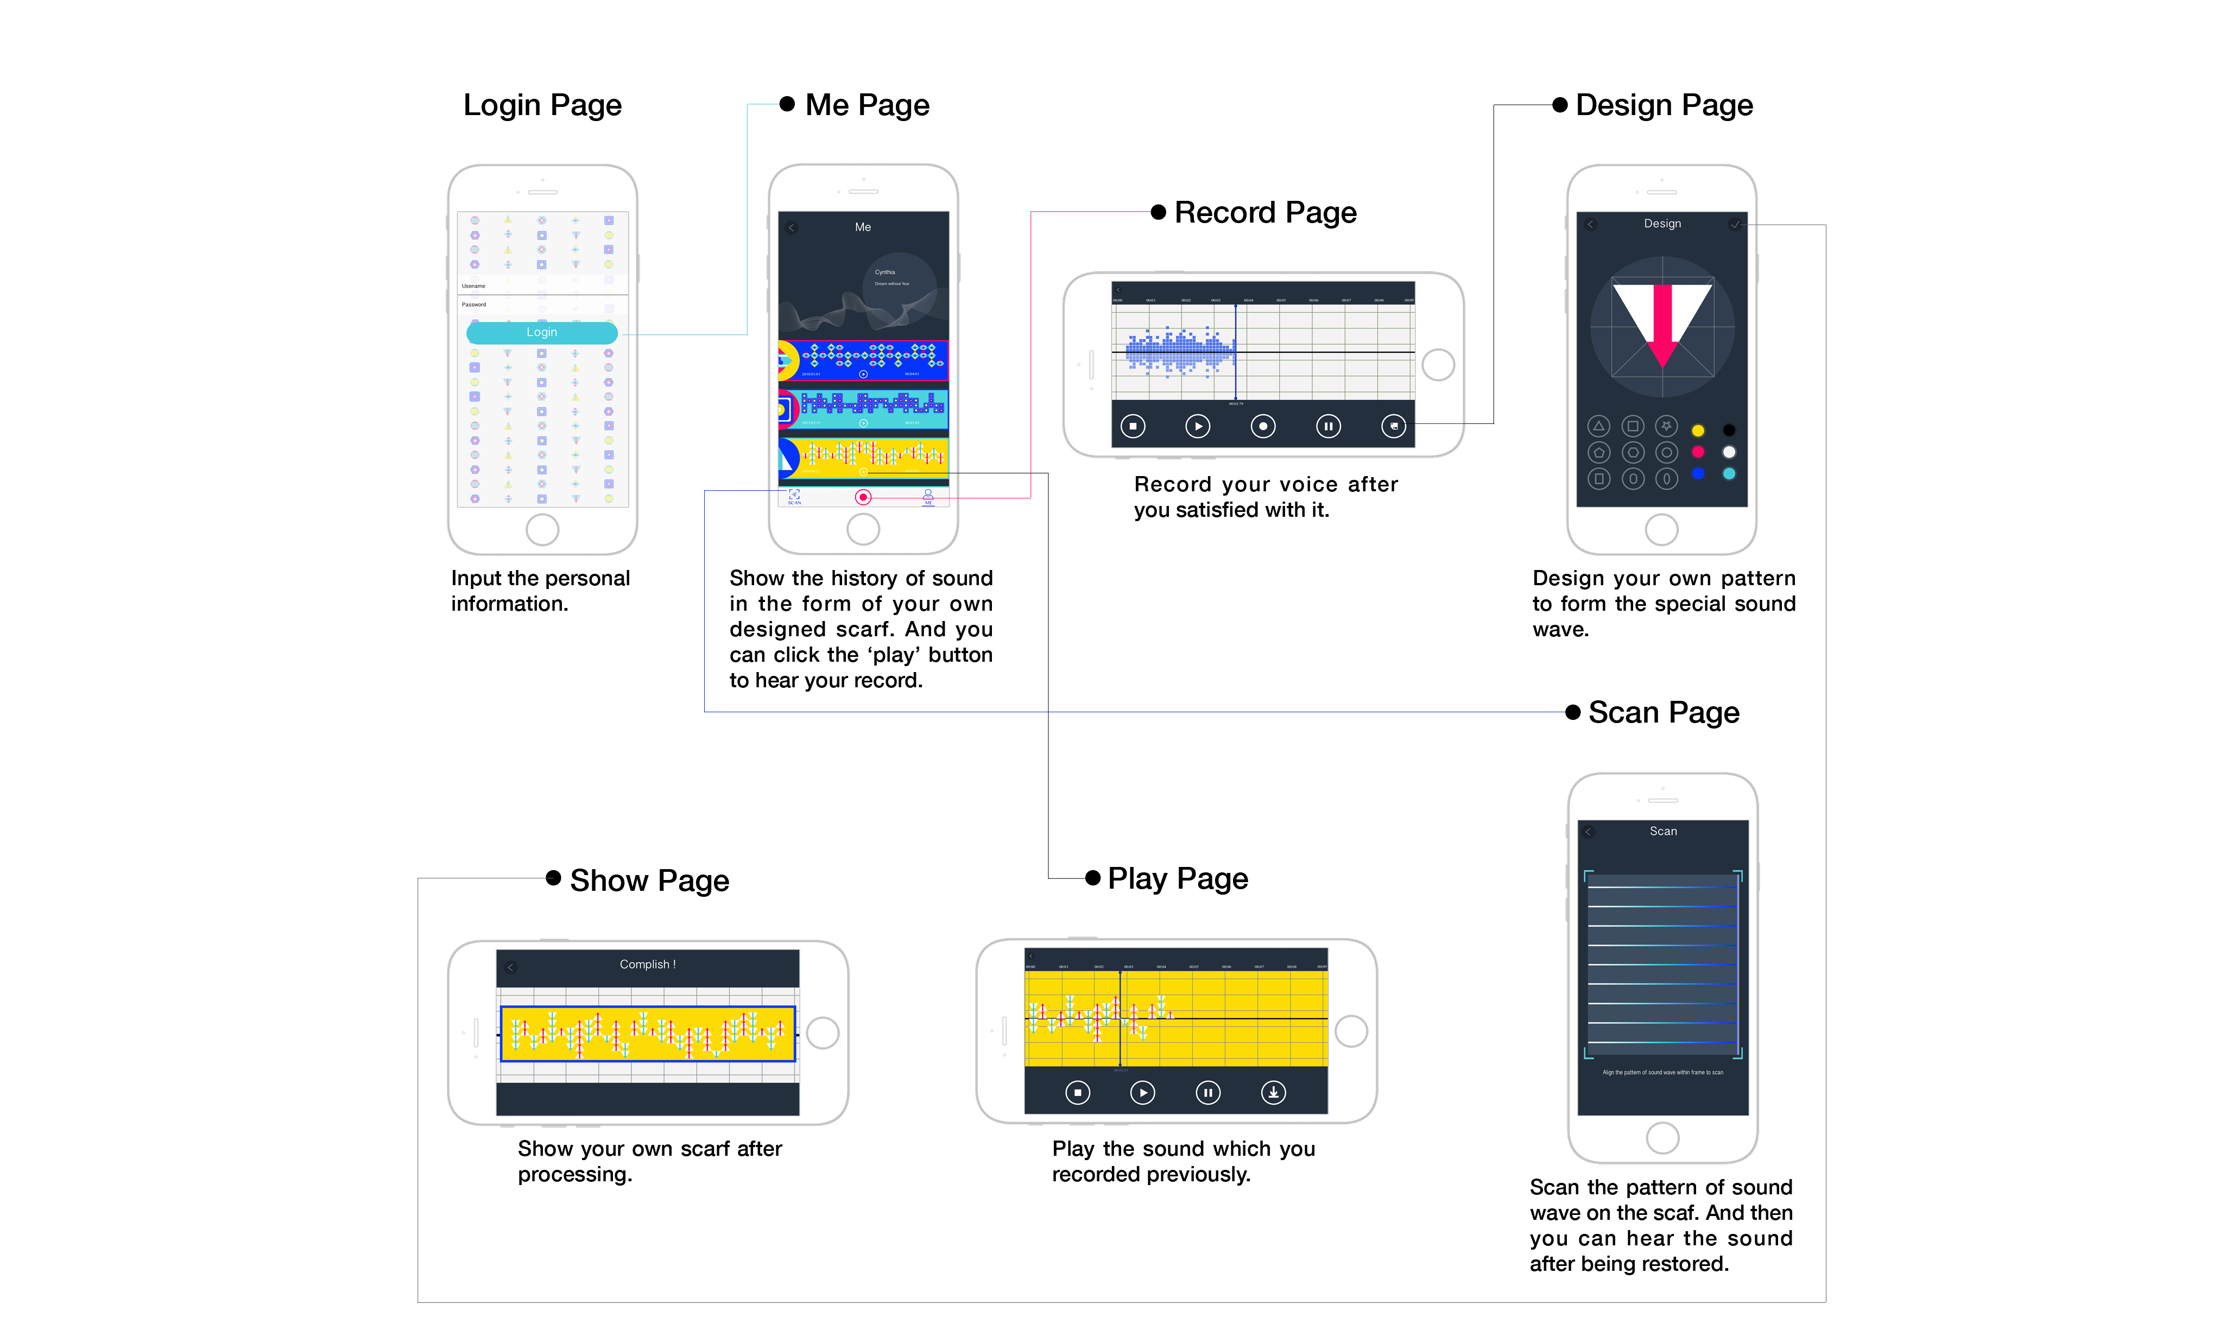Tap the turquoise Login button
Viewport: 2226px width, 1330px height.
point(541,332)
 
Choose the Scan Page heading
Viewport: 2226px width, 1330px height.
point(1663,712)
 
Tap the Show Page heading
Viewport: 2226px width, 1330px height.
point(649,881)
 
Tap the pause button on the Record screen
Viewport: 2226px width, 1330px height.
point(1328,427)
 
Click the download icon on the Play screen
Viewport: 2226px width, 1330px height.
point(1273,1092)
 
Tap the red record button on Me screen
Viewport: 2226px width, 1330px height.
point(863,497)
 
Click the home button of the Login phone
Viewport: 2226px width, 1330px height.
point(542,530)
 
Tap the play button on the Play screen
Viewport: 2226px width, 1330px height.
point(1142,1092)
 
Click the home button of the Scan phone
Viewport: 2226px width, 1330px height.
point(1662,1138)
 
